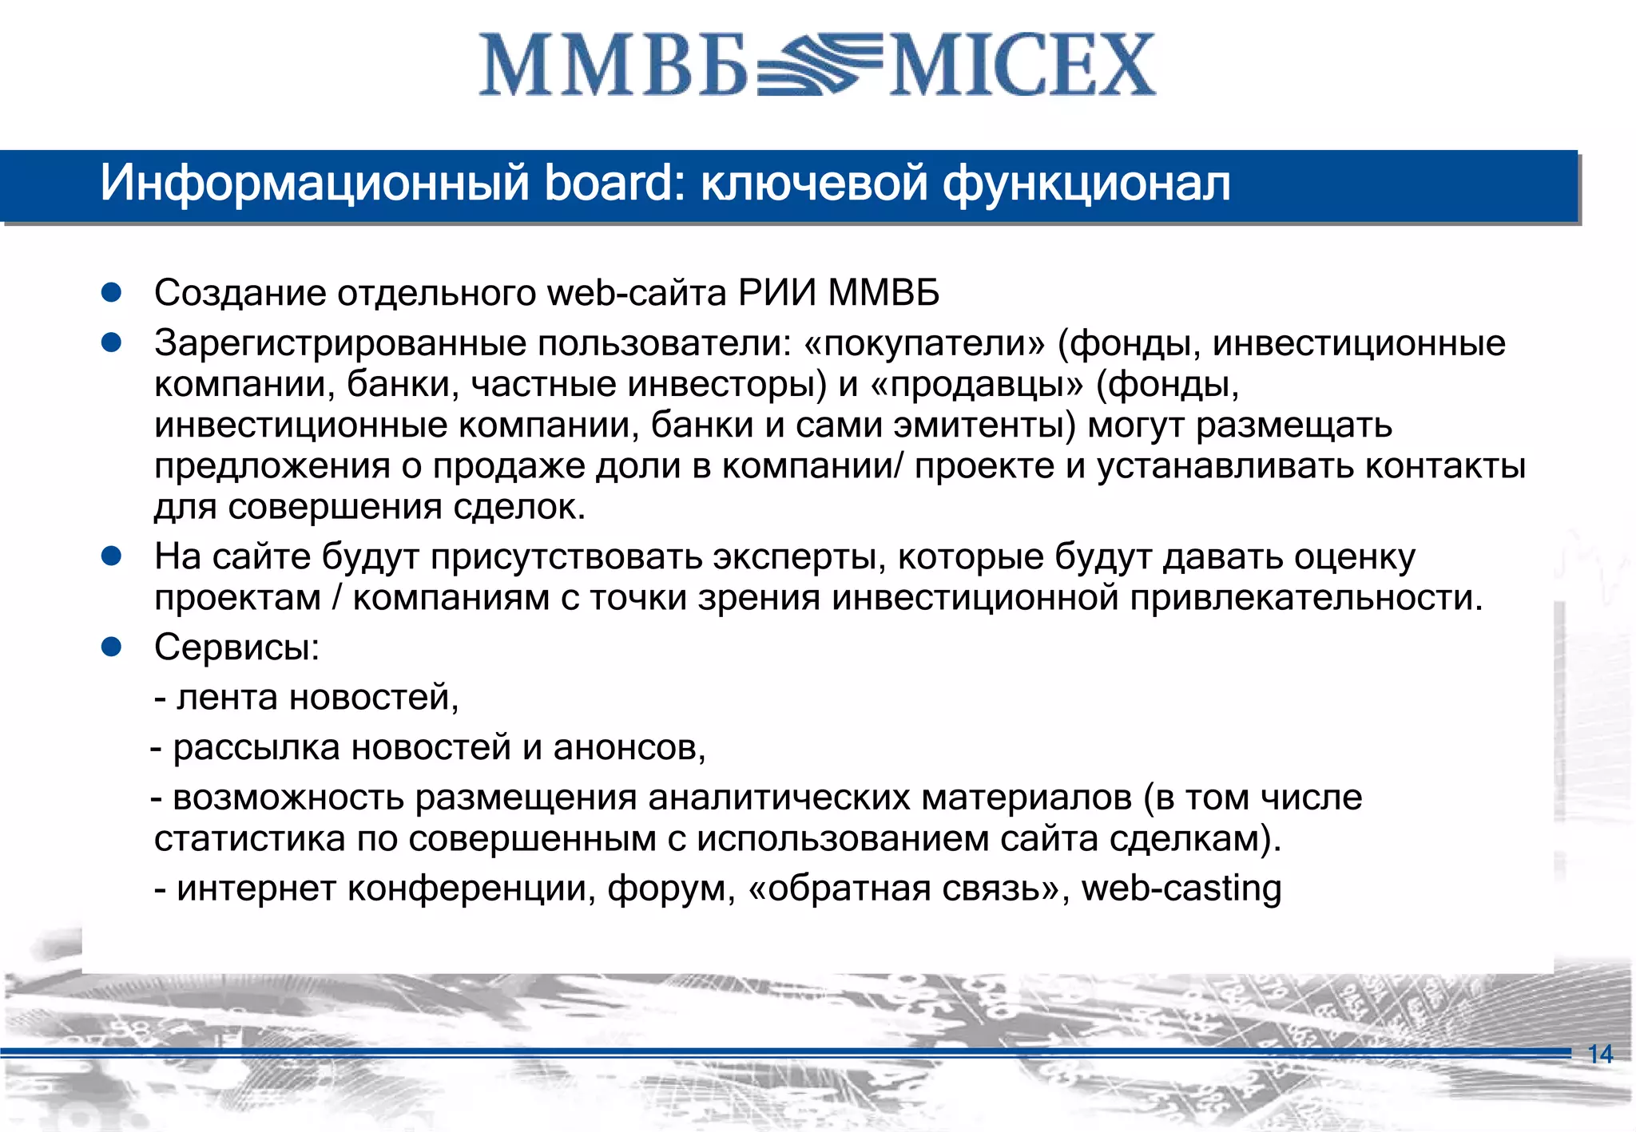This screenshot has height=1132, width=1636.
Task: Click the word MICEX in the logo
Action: [x=1022, y=65]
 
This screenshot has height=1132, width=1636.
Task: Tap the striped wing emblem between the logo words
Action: [x=819, y=65]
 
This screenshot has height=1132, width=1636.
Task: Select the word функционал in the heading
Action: [x=1086, y=184]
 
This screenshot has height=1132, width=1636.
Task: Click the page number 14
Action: [x=1600, y=1054]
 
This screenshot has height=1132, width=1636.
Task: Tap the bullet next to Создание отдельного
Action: [x=111, y=292]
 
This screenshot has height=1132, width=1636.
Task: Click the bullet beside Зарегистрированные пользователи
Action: [x=111, y=342]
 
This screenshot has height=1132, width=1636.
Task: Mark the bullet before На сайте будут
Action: [x=111, y=556]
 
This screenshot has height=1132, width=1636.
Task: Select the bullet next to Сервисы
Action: [x=111, y=646]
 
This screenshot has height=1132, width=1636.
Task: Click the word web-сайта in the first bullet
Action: [x=636, y=293]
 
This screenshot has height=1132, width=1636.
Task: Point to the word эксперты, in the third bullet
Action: [x=799, y=556]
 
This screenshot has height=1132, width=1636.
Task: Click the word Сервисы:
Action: [x=236, y=647]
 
